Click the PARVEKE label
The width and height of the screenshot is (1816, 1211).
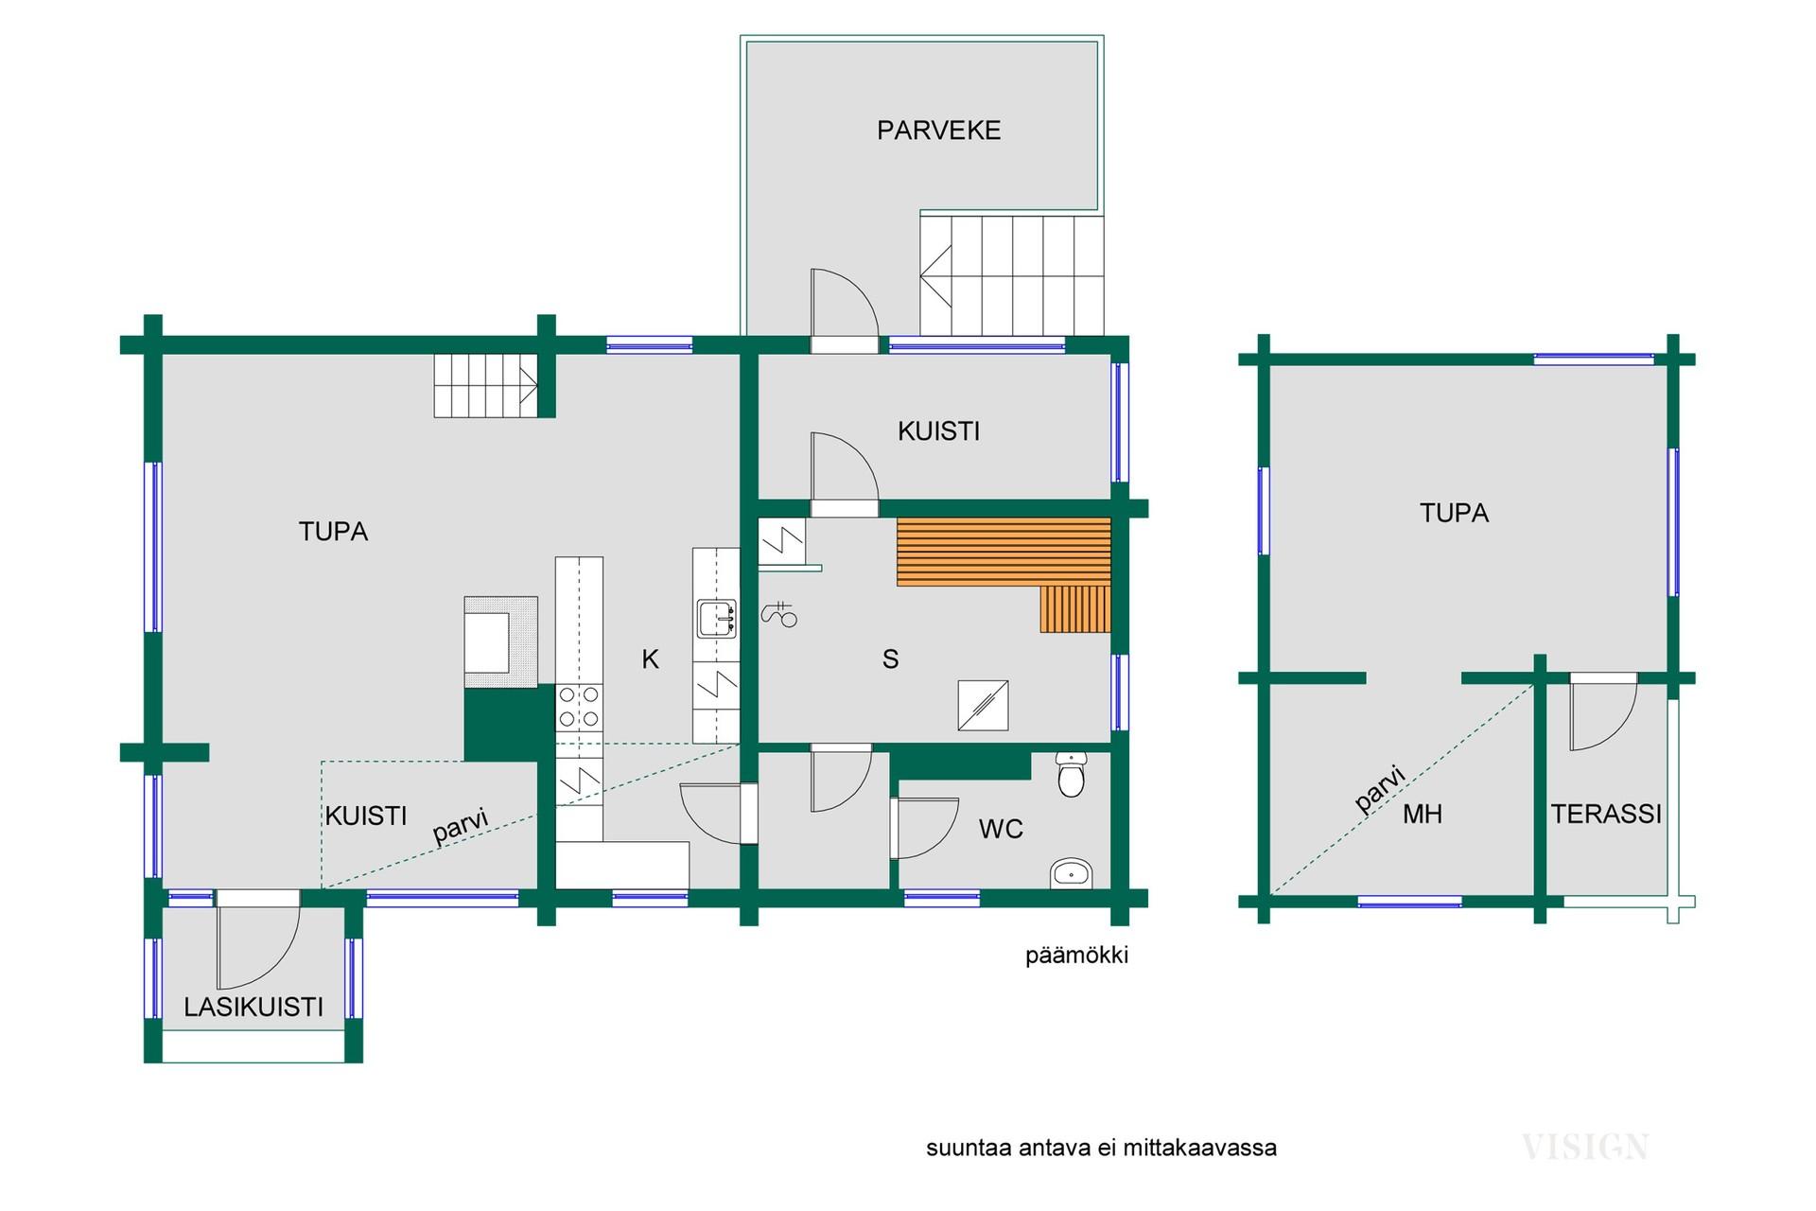[938, 131]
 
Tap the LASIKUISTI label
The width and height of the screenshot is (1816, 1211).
[253, 1007]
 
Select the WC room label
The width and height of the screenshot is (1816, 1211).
[1001, 830]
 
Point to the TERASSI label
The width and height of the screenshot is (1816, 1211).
[1606, 814]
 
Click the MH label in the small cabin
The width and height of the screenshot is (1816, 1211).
[1423, 814]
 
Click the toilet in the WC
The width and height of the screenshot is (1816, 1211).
[1070, 775]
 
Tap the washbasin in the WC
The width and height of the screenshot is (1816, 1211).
[1072, 873]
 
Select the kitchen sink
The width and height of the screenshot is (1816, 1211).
[716, 619]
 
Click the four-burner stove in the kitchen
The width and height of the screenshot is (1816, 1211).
[578, 706]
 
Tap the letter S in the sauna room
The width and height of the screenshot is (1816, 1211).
[890, 659]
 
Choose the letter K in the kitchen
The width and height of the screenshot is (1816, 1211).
[650, 659]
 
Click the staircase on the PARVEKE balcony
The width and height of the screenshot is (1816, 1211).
[1012, 274]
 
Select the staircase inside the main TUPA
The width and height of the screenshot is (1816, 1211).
[486, 385]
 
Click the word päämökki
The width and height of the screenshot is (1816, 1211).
[1077, 956]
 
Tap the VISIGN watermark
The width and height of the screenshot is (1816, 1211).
[1585, 1148]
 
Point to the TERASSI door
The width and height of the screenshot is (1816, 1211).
[1603, 712]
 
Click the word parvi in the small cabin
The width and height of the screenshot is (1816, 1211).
[1381, 789]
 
